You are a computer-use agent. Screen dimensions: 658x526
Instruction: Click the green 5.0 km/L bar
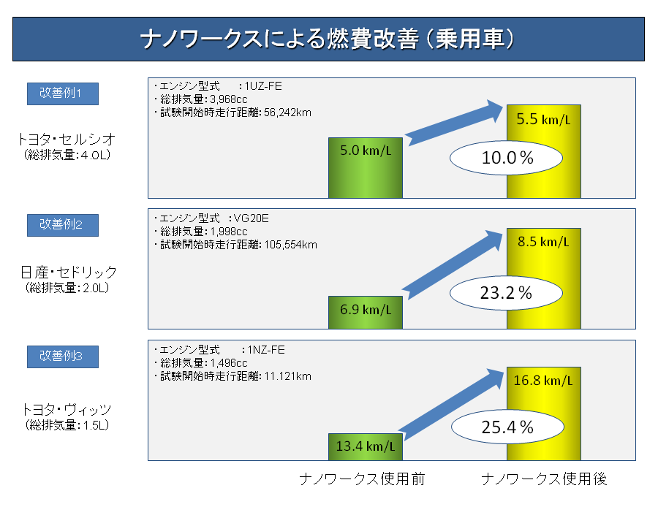coord(365,168)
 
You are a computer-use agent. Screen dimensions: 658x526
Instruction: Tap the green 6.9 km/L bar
coord(365,313)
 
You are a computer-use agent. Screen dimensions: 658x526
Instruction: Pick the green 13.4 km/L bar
coord(365,447)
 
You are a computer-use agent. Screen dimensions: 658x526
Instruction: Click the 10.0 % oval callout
coord(506,158)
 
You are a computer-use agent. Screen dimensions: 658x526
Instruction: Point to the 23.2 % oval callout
coord(506,293)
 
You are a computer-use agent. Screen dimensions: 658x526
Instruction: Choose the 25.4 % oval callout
coord(507,427)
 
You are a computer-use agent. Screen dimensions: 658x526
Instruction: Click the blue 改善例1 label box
coord(63,94)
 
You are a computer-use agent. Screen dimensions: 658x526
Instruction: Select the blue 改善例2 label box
coord(63,225)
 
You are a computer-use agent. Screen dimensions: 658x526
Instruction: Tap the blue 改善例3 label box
coord(63,357)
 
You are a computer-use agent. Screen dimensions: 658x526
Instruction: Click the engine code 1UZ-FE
coord(263,86)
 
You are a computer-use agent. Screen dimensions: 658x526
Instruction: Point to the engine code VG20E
coord(251,218)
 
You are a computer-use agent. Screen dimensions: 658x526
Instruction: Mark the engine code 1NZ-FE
coord(266,350)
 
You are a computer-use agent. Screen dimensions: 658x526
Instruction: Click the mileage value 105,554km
coord(291,245)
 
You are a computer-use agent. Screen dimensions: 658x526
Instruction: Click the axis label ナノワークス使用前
coord(362,479)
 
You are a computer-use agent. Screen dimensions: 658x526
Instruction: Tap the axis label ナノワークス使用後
coord(544,479)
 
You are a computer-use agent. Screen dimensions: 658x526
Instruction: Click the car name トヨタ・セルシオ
coord(67,139)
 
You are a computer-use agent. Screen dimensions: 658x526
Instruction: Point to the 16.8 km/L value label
coord(543,381)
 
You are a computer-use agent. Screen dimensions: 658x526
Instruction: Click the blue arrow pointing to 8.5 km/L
coord(453,265)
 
